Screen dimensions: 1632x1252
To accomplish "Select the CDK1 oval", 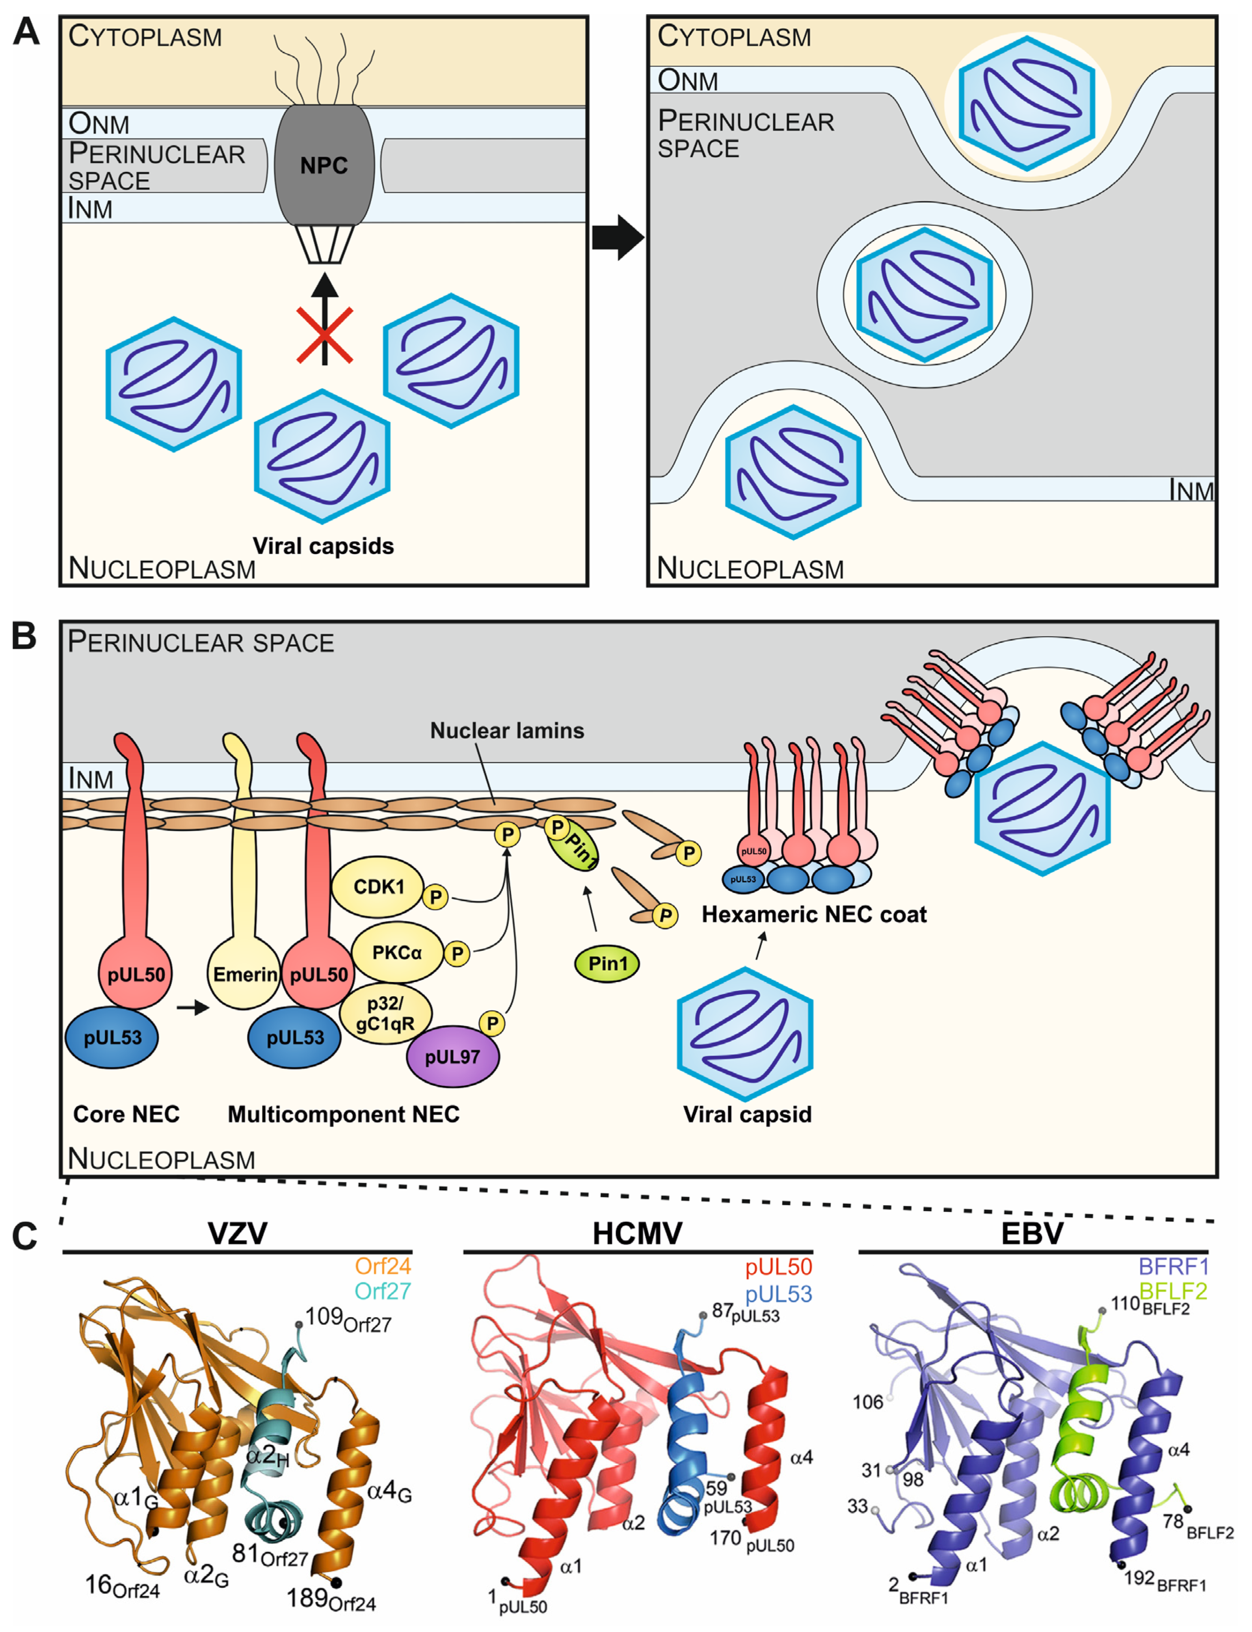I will (x=378, y=887).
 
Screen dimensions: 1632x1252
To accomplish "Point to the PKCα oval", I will (x=396, y=953).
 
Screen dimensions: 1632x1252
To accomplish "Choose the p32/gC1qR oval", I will (x=385, y=1014).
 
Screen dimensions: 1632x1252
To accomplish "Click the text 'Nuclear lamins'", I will (x=507, y=730).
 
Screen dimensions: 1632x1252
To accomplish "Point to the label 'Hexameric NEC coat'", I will (x=814, y=914).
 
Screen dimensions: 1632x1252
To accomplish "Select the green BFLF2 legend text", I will (x=1173, y=1291).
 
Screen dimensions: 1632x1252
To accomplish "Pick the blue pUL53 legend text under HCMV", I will (x=778, y=1294).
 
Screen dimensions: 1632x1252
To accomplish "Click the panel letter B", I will (x=24, y=637).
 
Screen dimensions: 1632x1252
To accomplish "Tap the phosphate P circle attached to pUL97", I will (x=492, y=1023).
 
